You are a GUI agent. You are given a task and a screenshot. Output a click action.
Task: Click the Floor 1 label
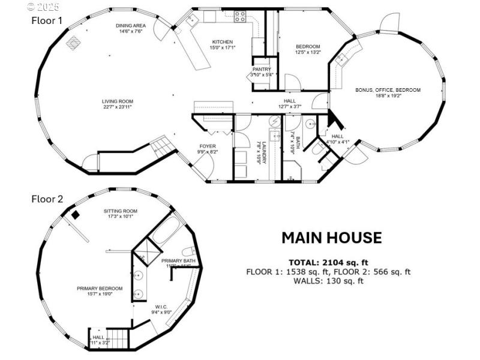(47, 20)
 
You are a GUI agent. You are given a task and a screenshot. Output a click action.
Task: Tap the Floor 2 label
(47, 199)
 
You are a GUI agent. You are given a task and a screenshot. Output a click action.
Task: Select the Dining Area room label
(129, 25)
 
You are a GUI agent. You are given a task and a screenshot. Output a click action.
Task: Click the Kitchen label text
(221, 42)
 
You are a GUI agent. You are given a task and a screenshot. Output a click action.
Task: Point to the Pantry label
(262, 70)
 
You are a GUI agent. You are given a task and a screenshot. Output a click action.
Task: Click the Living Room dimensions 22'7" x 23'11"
(117, 107)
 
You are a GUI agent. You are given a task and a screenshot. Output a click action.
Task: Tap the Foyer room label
(208, 146)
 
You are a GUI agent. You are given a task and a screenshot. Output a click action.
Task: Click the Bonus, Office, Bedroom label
(388, 90)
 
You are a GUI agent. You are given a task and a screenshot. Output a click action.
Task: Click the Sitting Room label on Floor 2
(121, 211)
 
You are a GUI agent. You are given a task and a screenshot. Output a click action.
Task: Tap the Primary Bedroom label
(100, 289)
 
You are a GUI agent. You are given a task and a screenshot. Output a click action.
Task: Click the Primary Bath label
(178, 261)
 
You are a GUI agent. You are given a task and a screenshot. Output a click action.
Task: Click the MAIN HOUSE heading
(331, 238)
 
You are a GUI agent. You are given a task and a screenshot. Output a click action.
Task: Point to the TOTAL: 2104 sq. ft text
(328, 263)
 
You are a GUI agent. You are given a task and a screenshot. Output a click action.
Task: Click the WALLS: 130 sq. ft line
(328, 281)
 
